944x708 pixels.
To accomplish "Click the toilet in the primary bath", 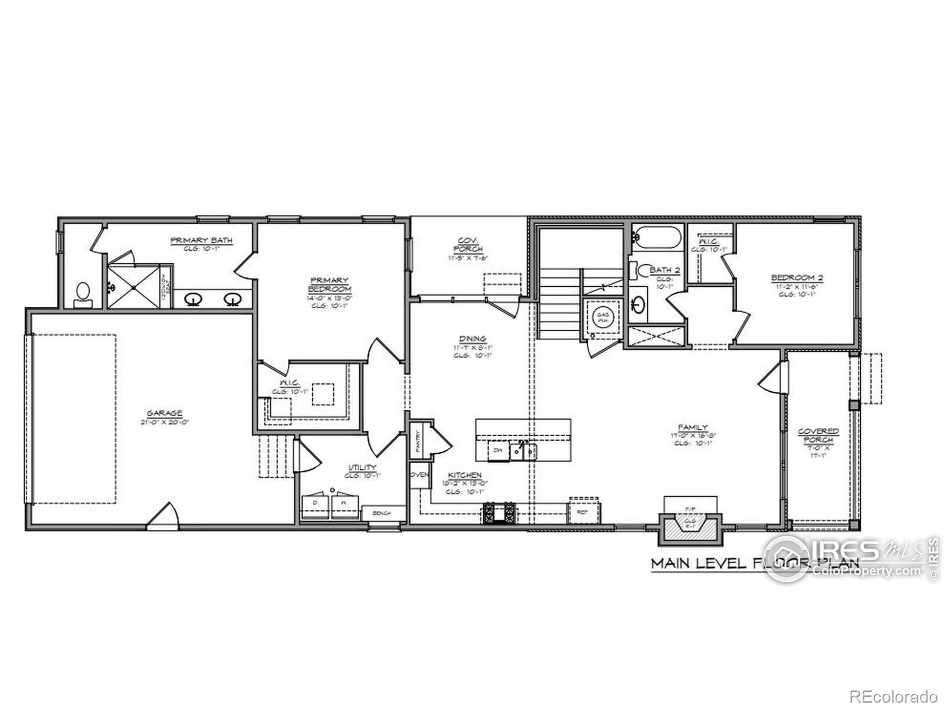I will pyautogui.click(x=83, y=293).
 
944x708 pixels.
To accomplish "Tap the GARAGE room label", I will pyautogui.click(x=165, y=414).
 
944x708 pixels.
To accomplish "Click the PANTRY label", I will pyautogui.click(x=418, y=440).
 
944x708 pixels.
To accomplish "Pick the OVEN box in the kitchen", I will pyautogui.click(x=419, y=475).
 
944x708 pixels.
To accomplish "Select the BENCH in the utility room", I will pyautogui.click(x=382, y=513).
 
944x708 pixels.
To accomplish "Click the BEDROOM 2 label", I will pyautogui.click(x=796, y=278).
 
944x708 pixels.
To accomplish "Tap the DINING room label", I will pyautogui.click(x=473, y=339).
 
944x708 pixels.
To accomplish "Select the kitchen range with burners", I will pyautogui.click(x=500, y=512).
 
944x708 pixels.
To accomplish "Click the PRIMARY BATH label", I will pyautogui.click(x=201, y=240).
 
